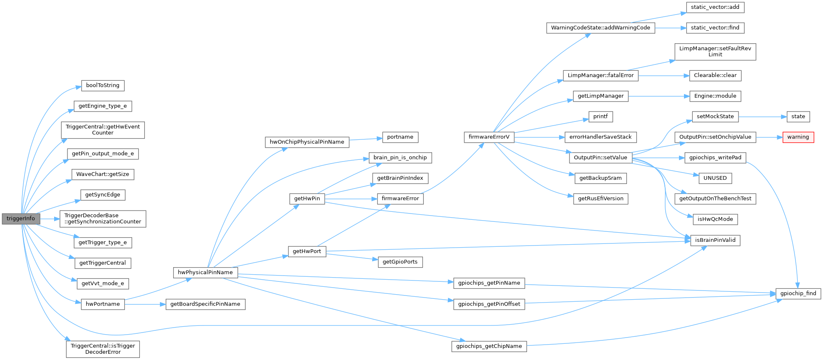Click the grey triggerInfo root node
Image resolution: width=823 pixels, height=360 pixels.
point(21,218)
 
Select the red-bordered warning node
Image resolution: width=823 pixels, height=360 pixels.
point(798,137)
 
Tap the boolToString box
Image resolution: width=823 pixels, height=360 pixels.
point(102,85)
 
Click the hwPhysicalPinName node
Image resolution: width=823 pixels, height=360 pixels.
point(205,273)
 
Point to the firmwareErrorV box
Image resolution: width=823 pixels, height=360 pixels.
point(489,137)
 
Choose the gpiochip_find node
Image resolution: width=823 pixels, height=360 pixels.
point(798,293)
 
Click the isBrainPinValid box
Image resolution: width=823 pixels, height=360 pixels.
point(715,240)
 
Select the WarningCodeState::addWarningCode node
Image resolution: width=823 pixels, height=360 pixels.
point(600,28)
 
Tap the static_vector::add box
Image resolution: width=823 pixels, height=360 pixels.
point(715,7)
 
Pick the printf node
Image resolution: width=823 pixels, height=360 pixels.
point(600,117)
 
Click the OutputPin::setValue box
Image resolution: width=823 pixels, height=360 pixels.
point(600,158)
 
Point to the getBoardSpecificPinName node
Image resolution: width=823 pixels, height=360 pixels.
point(205,304)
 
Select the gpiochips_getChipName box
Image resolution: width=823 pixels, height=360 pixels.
point(489,346)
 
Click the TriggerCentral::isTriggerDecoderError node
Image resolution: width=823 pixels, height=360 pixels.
point(103,349)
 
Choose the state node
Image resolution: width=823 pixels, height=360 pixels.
point(798,117)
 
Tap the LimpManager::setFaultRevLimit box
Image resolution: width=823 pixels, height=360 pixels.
point(715,52)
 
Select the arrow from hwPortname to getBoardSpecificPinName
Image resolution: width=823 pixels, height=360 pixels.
point(145,304)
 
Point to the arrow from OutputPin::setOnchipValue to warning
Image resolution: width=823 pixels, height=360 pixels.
point(769,137)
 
